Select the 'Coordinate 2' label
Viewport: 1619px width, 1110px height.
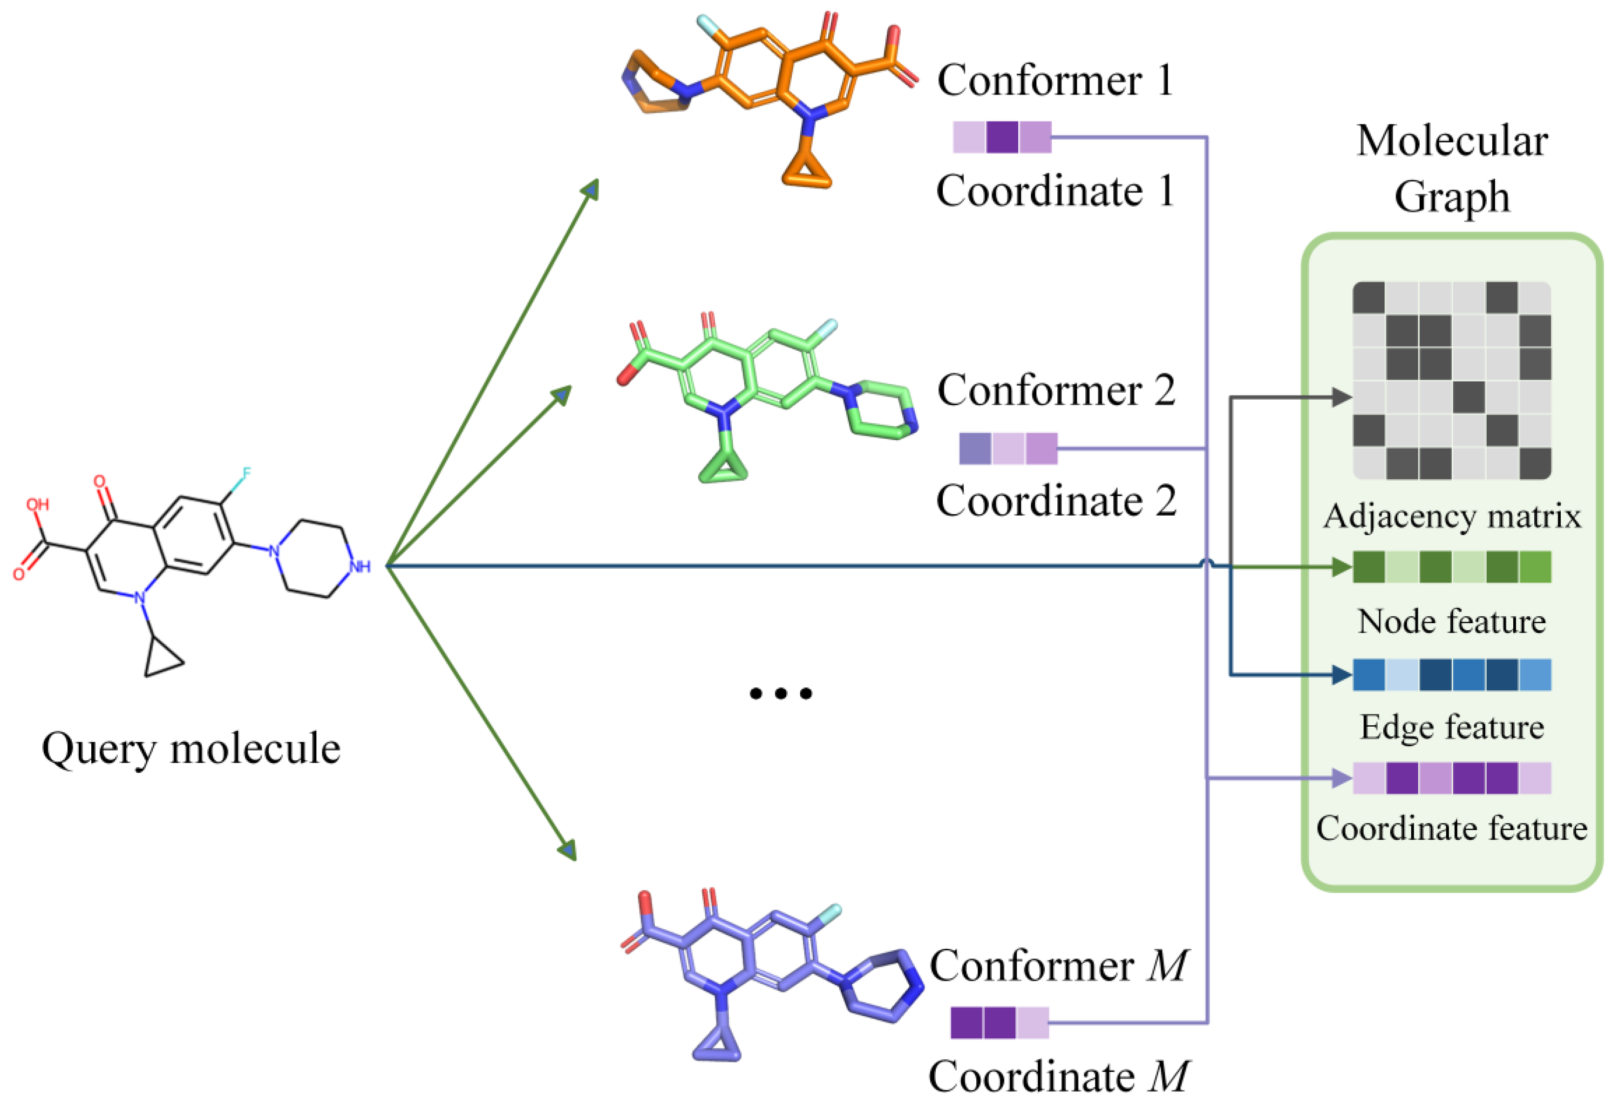(1056, 501)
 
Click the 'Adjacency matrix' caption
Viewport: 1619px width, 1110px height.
(1452, 516)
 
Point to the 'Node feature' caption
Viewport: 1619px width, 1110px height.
(1452, 621)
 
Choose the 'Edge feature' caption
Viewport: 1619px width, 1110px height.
(1452, 728)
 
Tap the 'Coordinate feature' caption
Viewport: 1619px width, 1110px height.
(1452, 829)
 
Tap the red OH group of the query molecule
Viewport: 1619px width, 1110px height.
(38, 504)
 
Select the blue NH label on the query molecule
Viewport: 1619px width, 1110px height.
(360, 566)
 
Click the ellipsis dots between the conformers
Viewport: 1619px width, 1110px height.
(780, 693)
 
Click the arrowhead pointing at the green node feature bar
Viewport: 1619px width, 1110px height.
(1341, 566)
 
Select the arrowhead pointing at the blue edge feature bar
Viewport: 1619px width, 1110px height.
(1341, 674)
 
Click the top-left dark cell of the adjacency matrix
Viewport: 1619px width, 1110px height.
(1369, 298)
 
